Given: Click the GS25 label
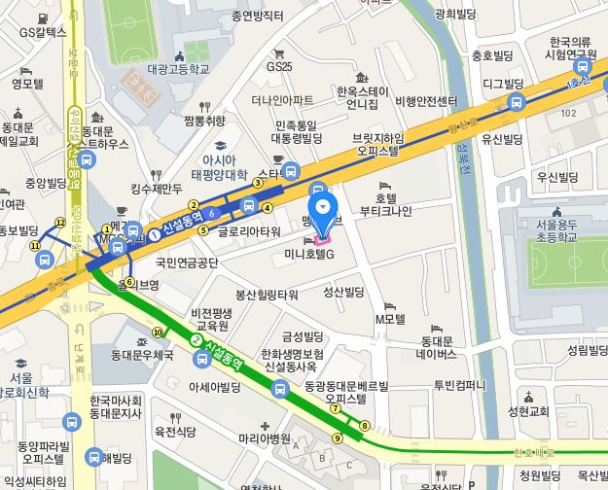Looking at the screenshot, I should point(279,67).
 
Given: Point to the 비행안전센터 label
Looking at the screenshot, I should point(426,101).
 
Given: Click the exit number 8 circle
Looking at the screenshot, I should point(365,426).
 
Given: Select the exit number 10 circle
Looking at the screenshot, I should point(157,332).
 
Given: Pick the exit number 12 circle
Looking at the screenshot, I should point(60,223).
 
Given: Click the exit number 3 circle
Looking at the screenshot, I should point(258,183).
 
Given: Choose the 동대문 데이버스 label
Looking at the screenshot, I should point(436,348).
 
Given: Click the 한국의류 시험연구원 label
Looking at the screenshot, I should point(571,49).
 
